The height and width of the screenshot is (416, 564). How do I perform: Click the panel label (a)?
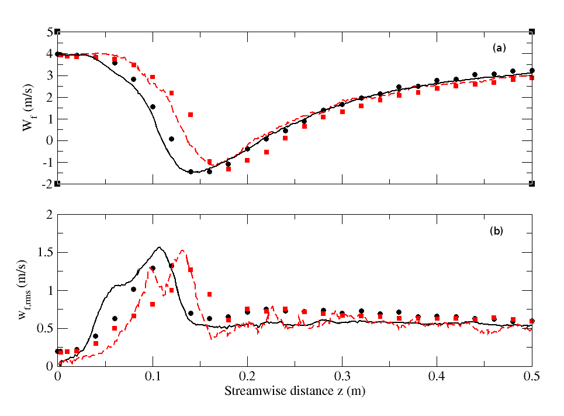click(x=499, y=49)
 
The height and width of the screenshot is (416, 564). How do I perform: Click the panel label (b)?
click(x=496, y=231)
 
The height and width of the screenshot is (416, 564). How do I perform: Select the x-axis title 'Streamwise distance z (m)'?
click(x=296, y=389)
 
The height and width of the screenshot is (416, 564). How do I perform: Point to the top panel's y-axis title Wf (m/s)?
click(x=29, y=107)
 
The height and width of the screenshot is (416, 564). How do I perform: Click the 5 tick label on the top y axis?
click(x=50, y=32)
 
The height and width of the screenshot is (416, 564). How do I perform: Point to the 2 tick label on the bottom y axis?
click(x=50, y=215)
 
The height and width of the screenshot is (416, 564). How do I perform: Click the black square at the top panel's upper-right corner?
click(x=531, y=31)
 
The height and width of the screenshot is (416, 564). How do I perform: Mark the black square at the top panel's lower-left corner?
click(x=57, y=184)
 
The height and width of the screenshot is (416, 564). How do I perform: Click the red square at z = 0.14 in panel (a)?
click(x=191, y=115)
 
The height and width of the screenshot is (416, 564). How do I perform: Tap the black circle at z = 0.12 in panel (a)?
click(x=171, y=139)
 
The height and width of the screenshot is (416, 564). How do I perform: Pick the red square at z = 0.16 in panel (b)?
click(x=209, y=294)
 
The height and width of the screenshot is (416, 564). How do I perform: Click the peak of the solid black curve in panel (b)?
click(x=159, y=247)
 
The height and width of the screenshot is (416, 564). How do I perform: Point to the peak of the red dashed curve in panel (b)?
click(x=183, y=250)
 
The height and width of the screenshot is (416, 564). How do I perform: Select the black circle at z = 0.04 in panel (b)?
click(x=95, y=336)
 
